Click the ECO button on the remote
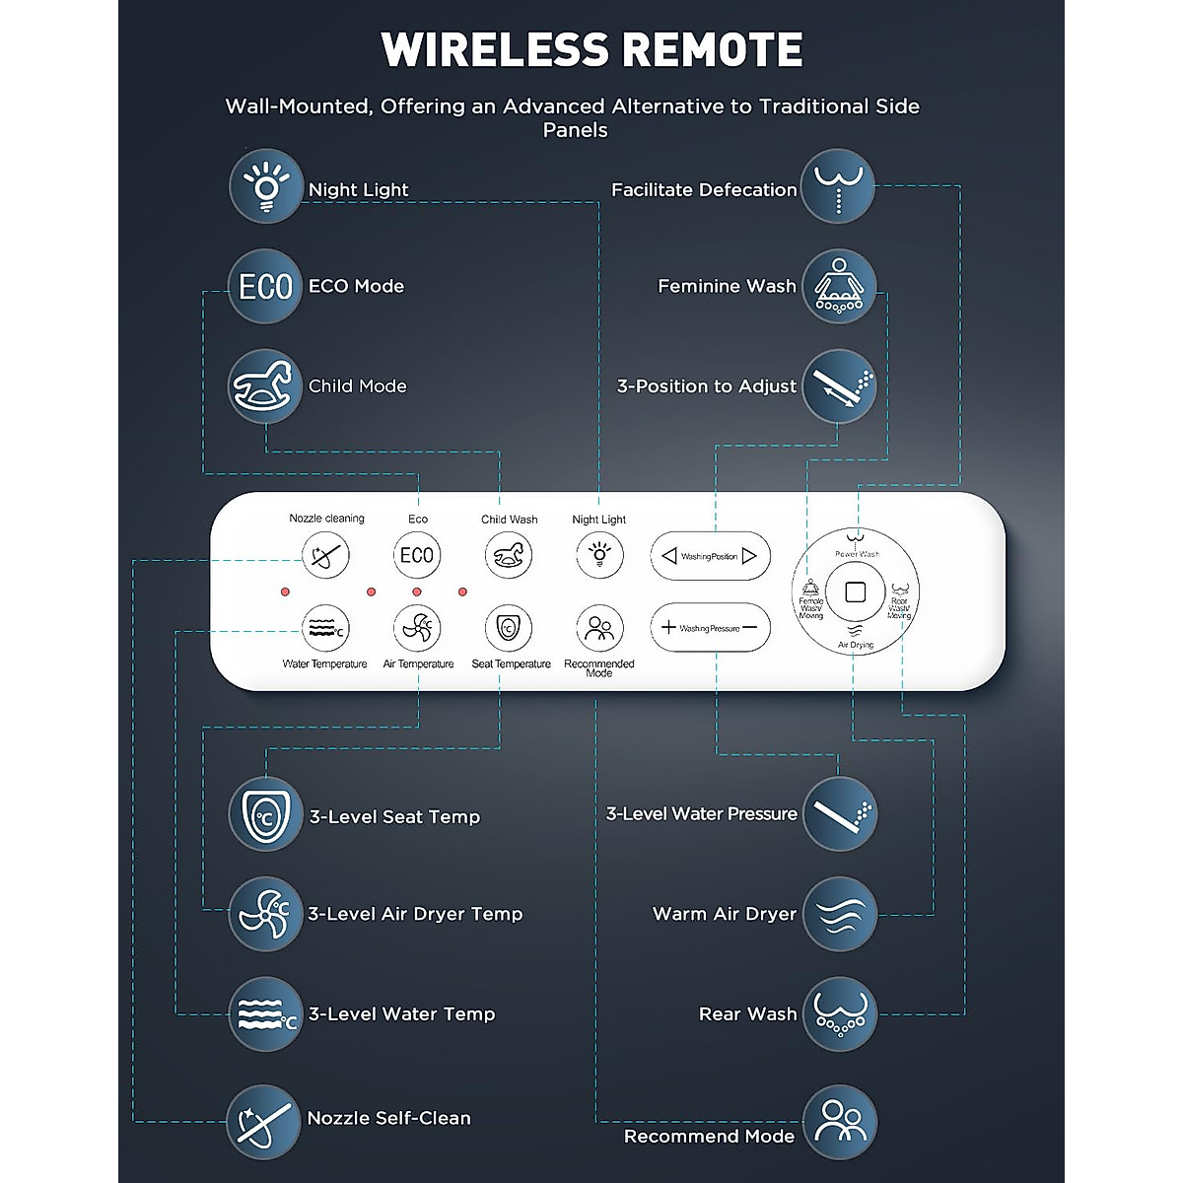(x=417, y=555)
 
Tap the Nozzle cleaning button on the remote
(x=325, y=555)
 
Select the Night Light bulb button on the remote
(x=598, y=555)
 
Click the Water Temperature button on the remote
(x=325, y=628)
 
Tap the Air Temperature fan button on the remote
(x=417, y=628)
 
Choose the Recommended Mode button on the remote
(x=598, y=628)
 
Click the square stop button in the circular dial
(x=855, y=593)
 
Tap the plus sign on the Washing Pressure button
(x=668, y=627)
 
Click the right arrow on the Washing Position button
(x=749, y=556)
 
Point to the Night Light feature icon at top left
(x=265, y=186)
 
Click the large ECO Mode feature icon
(x=265, y=286)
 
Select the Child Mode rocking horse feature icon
(x=265, y=385)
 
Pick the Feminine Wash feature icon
(x=838, y=286)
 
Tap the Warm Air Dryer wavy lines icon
(x=838, y=914)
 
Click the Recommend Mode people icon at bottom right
(x=838, y=1122)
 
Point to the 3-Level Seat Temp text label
(x=394, y=816)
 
